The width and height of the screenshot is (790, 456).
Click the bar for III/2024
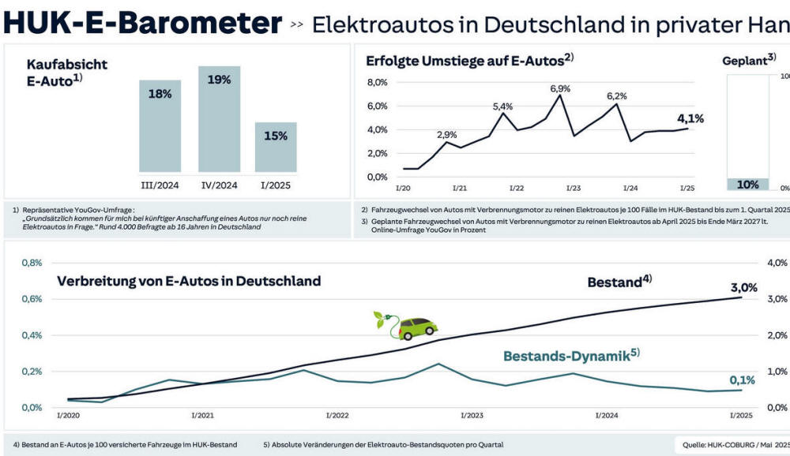pos(160,125)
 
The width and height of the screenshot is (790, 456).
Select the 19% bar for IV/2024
pos(219,118)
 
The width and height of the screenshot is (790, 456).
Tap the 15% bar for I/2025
pos(276,147)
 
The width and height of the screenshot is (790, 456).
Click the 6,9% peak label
pos(560,88)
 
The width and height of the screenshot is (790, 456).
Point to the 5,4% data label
pos(502,107)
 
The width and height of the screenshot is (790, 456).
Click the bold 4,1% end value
pos(690,119)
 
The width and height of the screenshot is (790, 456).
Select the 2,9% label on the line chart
pos(446,135)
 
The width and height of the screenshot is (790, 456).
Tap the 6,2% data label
pos(617,96)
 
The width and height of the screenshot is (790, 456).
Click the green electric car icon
pos(406,324)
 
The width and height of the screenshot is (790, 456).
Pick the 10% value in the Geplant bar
pos(747,185)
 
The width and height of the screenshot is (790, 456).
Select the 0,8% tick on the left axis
pos(32,263)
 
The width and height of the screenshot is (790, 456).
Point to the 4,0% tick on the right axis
pos(777,263)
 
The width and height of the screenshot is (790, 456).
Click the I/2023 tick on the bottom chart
pos(471,415)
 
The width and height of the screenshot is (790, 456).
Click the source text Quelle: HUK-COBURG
pos(734,444)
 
